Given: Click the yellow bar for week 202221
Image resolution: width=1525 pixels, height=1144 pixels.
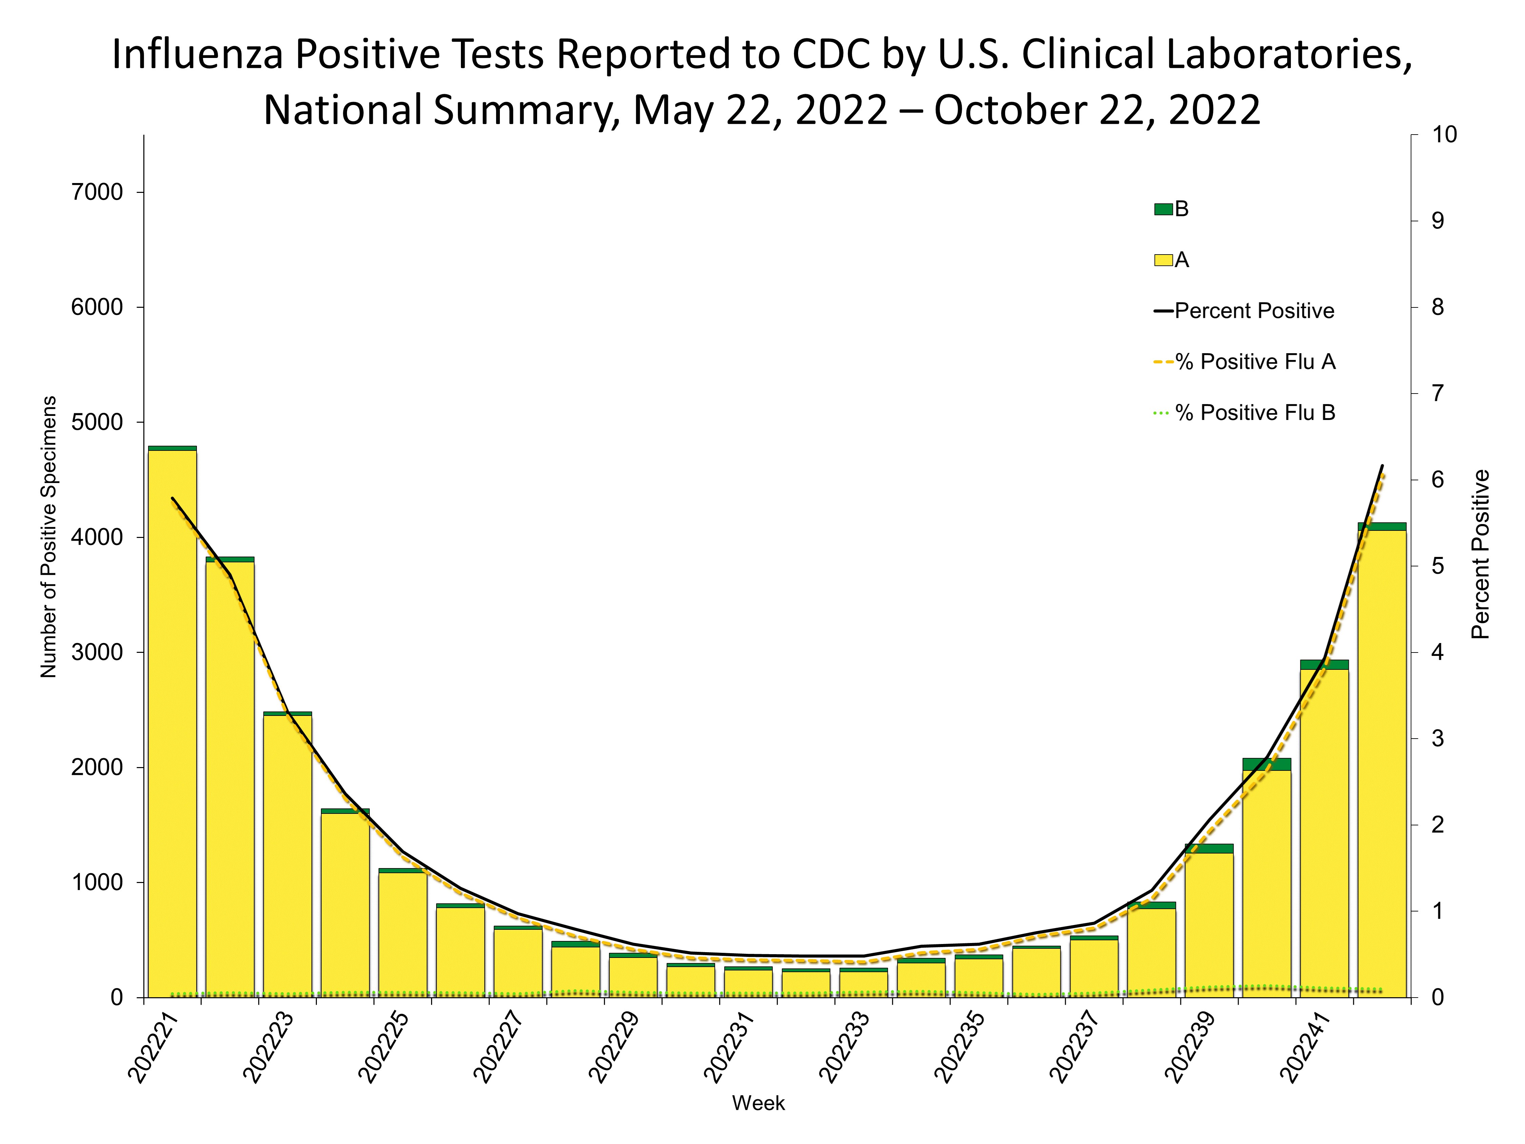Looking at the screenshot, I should pos(172,724).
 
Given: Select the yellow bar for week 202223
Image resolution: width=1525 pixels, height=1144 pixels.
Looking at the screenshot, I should pos(287,855).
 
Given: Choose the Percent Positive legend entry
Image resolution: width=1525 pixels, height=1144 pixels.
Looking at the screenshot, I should pos(1244,311).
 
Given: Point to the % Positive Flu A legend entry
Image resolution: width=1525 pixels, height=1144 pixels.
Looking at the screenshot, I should pos(1244,362).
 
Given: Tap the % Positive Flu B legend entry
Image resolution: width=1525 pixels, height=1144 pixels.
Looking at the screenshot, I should pos(1244,413).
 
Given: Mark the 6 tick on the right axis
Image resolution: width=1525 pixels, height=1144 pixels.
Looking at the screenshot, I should pos(1438,480).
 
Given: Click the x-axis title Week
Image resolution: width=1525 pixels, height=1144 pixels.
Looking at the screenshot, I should pos(758,1103).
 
